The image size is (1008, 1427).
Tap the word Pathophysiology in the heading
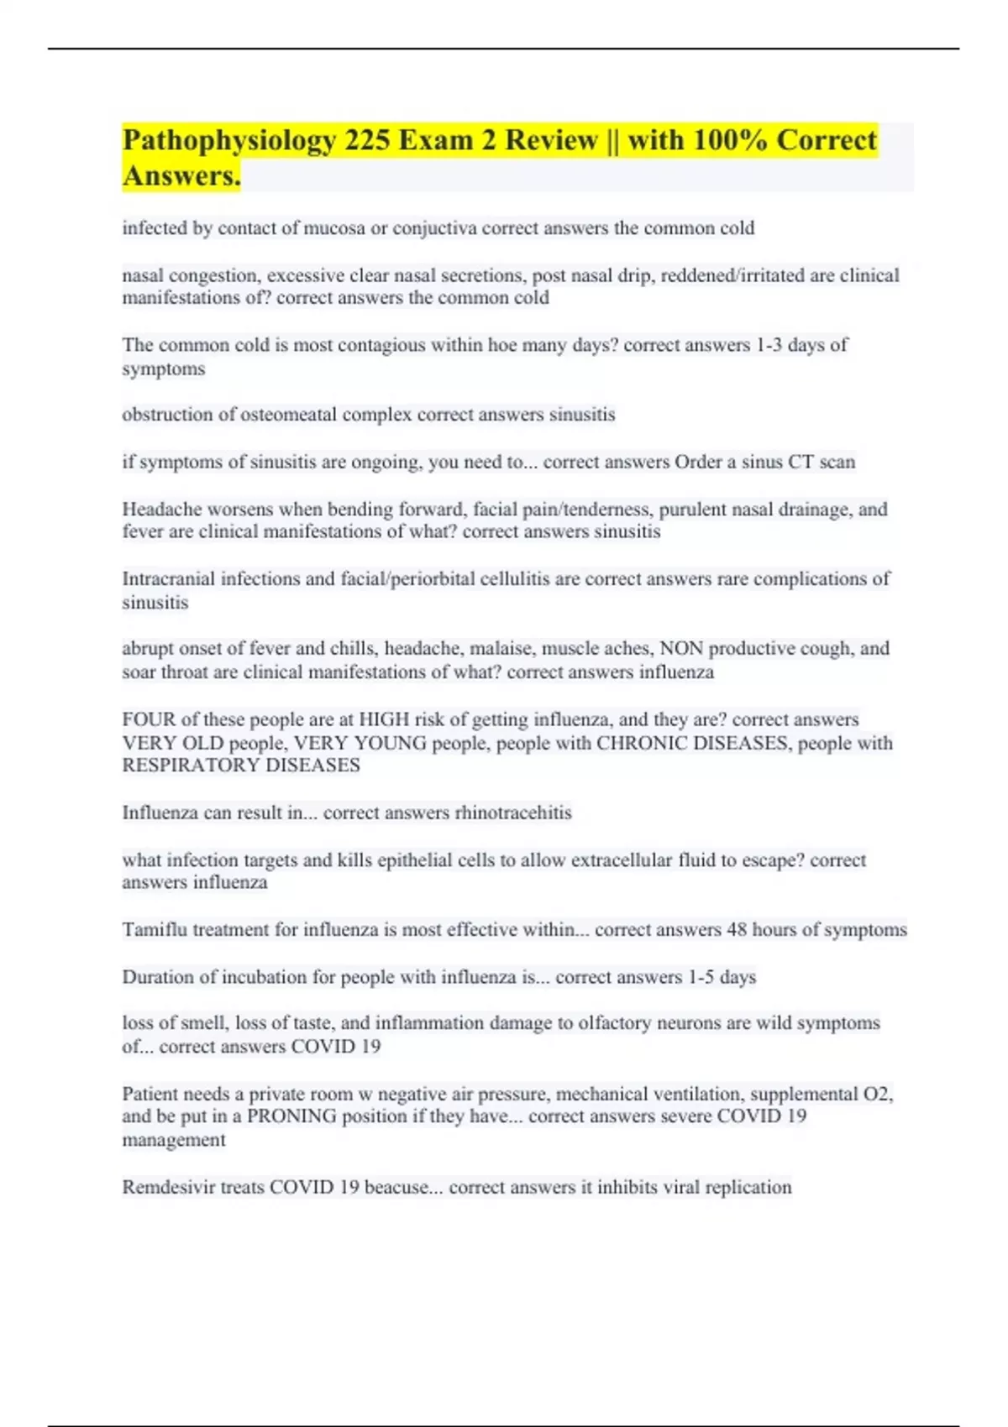click(x=228, y=139)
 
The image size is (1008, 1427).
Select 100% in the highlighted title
click(x=729, y=139)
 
